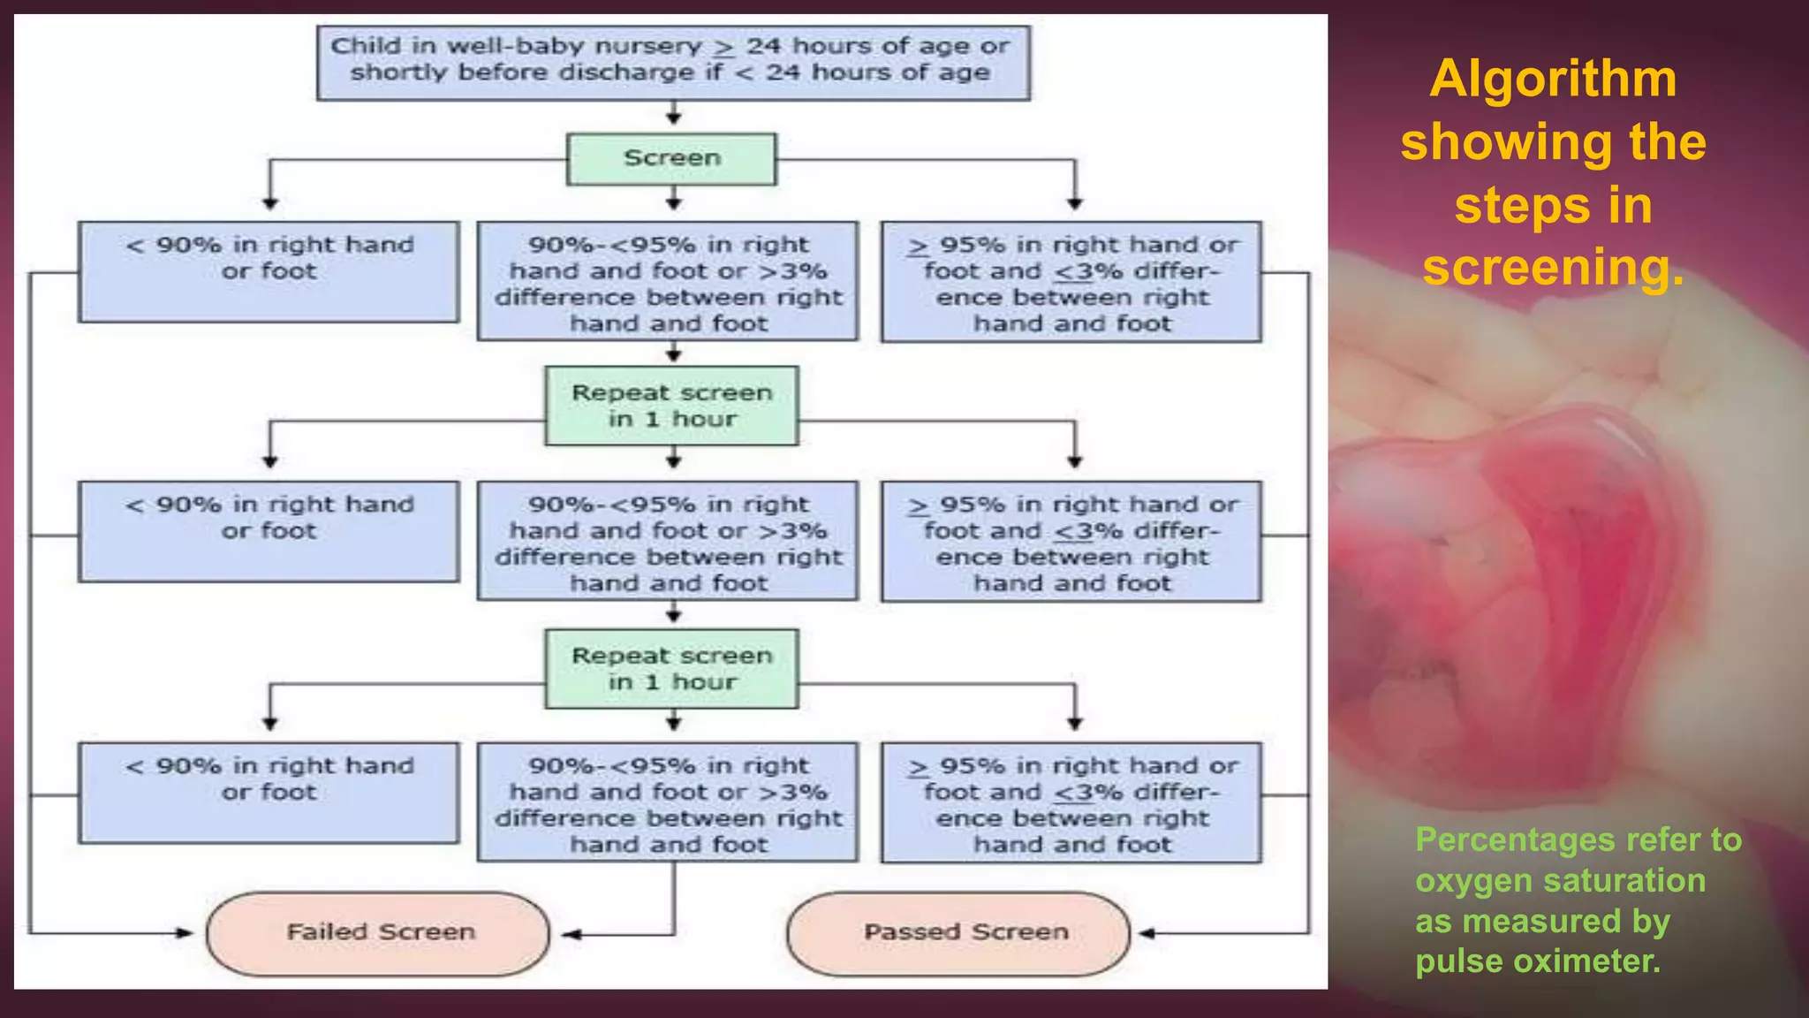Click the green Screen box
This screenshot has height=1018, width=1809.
(671, 159)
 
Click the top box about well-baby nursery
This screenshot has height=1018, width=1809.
(673, 62)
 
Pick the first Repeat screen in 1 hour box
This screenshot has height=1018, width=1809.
(671, 406)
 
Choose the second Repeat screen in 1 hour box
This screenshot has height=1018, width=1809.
(671, 669)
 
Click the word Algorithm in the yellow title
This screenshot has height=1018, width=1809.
(1553, 80)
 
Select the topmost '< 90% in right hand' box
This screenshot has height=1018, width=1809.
(269, 271)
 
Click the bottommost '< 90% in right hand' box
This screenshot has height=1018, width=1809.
(269, 793)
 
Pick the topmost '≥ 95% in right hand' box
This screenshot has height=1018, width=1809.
(1071, 282)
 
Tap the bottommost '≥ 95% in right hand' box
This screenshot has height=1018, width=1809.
(1071, 802)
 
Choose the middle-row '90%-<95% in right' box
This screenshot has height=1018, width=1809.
(668, 541)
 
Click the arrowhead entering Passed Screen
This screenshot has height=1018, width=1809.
(1147, 933)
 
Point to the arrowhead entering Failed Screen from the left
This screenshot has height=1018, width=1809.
(185, 932)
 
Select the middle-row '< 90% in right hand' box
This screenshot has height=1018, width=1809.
(269, 532)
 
